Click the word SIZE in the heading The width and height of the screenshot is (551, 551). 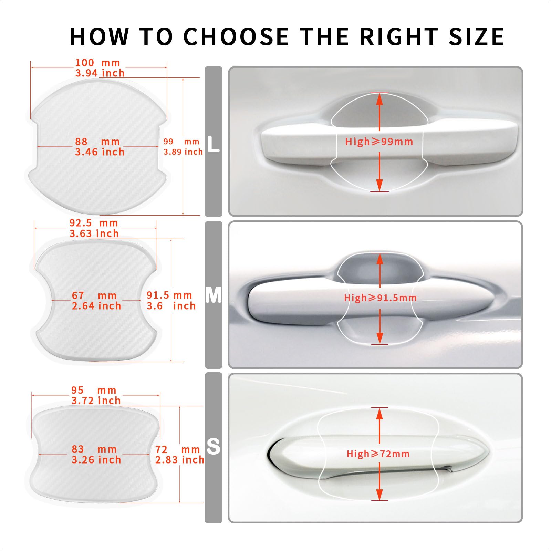pos(476,37)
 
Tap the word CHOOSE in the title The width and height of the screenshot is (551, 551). pos(236,37)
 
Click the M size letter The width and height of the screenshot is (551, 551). pos(214,295)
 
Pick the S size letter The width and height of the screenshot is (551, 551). pos(214,447)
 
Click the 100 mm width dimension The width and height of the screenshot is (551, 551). pos(97,63)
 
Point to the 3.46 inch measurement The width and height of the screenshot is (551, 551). pos(100,152)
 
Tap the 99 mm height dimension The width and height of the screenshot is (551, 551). pos(181,142)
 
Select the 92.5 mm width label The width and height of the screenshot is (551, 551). pos(94,223)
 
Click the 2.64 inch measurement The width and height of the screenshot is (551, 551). pos(96,306)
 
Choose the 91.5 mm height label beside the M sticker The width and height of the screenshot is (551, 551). pos(169,295)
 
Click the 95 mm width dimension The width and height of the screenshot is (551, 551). pos(94,390)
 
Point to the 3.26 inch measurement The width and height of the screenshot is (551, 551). pos(96,460)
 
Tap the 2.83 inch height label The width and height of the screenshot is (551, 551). pos(179,460)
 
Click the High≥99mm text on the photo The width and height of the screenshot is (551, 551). pos(379,142)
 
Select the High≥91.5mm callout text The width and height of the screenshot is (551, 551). pos(380,298)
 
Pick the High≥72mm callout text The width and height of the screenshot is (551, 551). pos(378,454)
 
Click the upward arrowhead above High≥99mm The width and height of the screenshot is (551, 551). pos(380,99)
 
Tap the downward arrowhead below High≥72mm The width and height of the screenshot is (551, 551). pos(380,495)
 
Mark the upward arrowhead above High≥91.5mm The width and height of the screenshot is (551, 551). pos(380,259)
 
